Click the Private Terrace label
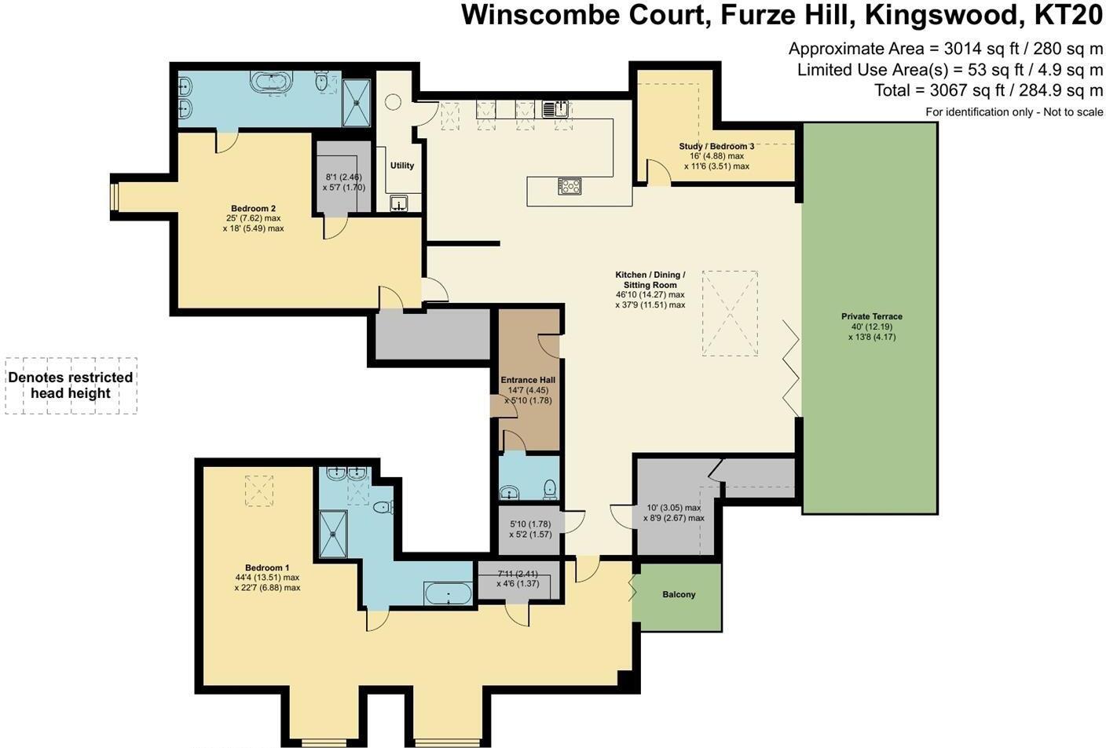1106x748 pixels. click(871, 316)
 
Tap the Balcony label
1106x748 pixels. click(679, 595)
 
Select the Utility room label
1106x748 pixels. click(402, 166)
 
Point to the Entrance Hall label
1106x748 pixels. click(528, 381)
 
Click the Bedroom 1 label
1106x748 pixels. click(267, 568)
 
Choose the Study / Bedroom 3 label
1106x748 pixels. click(716, 147)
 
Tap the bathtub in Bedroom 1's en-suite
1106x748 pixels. click(448, 593)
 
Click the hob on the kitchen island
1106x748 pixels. click(569, 186)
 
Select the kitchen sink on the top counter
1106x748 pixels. click(555, 108)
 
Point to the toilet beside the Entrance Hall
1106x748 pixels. click(550, 488)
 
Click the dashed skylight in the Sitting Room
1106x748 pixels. click(730, 313)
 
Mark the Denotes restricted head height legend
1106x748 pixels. click(71, 385)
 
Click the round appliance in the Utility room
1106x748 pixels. click(393, 102)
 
